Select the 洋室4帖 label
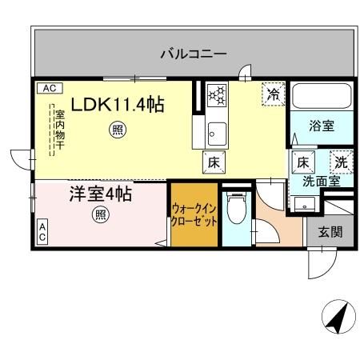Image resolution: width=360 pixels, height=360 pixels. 100,194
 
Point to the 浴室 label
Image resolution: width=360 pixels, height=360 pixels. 322,125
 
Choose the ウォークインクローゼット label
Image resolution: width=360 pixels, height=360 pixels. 193,215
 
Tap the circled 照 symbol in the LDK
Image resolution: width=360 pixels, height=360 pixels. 118,130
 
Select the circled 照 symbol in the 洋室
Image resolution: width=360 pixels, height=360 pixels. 100,214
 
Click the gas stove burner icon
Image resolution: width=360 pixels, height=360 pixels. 217,95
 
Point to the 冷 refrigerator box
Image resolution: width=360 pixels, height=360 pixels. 273,93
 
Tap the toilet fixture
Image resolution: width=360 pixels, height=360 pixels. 236,212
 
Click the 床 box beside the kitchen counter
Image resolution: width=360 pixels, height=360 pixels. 214,160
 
